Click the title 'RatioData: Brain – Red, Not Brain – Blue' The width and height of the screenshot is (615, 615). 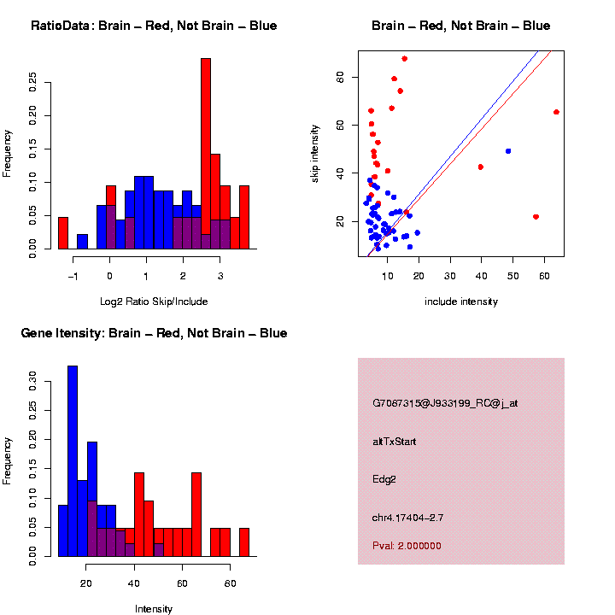[x=154, y=26]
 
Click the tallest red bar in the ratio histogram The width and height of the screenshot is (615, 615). [x=206, y=154]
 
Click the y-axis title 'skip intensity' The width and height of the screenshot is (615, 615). [x=315, y=152]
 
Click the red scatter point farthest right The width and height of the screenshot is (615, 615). [x=556, y=112]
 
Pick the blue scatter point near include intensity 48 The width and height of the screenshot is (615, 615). [x=508, y=151]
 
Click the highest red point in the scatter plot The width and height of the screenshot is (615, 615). [x=404, y=59]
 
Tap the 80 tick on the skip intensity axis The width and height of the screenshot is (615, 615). [x=340, y=77]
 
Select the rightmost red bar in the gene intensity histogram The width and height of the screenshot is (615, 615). [x=244, y=542]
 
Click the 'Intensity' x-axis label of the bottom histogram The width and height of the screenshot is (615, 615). [x=154, y=609]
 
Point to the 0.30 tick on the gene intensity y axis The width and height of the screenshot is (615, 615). [x=33, y=378]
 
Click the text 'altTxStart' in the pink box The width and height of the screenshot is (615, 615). [x=394, y=442]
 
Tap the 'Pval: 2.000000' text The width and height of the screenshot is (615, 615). [x=407, y=546]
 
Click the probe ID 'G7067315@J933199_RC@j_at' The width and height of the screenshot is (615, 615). [x=445, y=403]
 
